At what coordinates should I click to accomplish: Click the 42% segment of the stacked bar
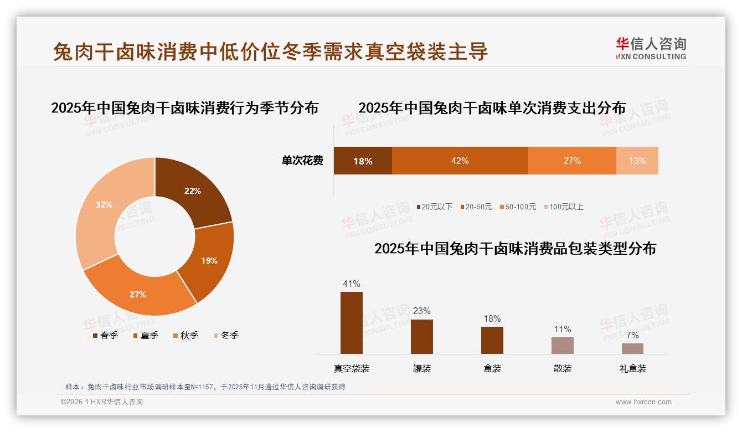click(x=460, y=161)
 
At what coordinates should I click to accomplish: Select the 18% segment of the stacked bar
click(x=363, y=161)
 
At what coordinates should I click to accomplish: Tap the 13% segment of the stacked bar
click(x=637, y=161)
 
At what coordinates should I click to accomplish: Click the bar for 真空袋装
click(x=352, y=322)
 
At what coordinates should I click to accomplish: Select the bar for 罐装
click(x=422, y=336)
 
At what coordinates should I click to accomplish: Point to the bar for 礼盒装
click(x=632, y=348)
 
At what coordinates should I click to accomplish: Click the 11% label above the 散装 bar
click(x=563, y=330)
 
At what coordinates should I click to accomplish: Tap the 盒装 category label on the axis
click(x=492, y=368)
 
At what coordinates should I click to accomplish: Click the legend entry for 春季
click(x=105, y=335)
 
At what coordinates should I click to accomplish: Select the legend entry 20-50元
click(x=476, y=207)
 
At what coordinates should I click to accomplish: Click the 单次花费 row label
click(x=302, y=161)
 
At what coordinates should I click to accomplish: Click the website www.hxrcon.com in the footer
click(x=643, y=402)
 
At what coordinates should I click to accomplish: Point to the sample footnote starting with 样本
click(x=205, y=387)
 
